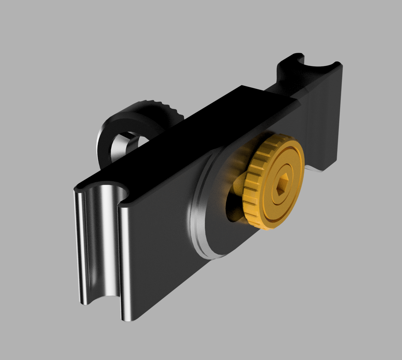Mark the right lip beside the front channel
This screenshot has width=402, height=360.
tap(124, 257)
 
